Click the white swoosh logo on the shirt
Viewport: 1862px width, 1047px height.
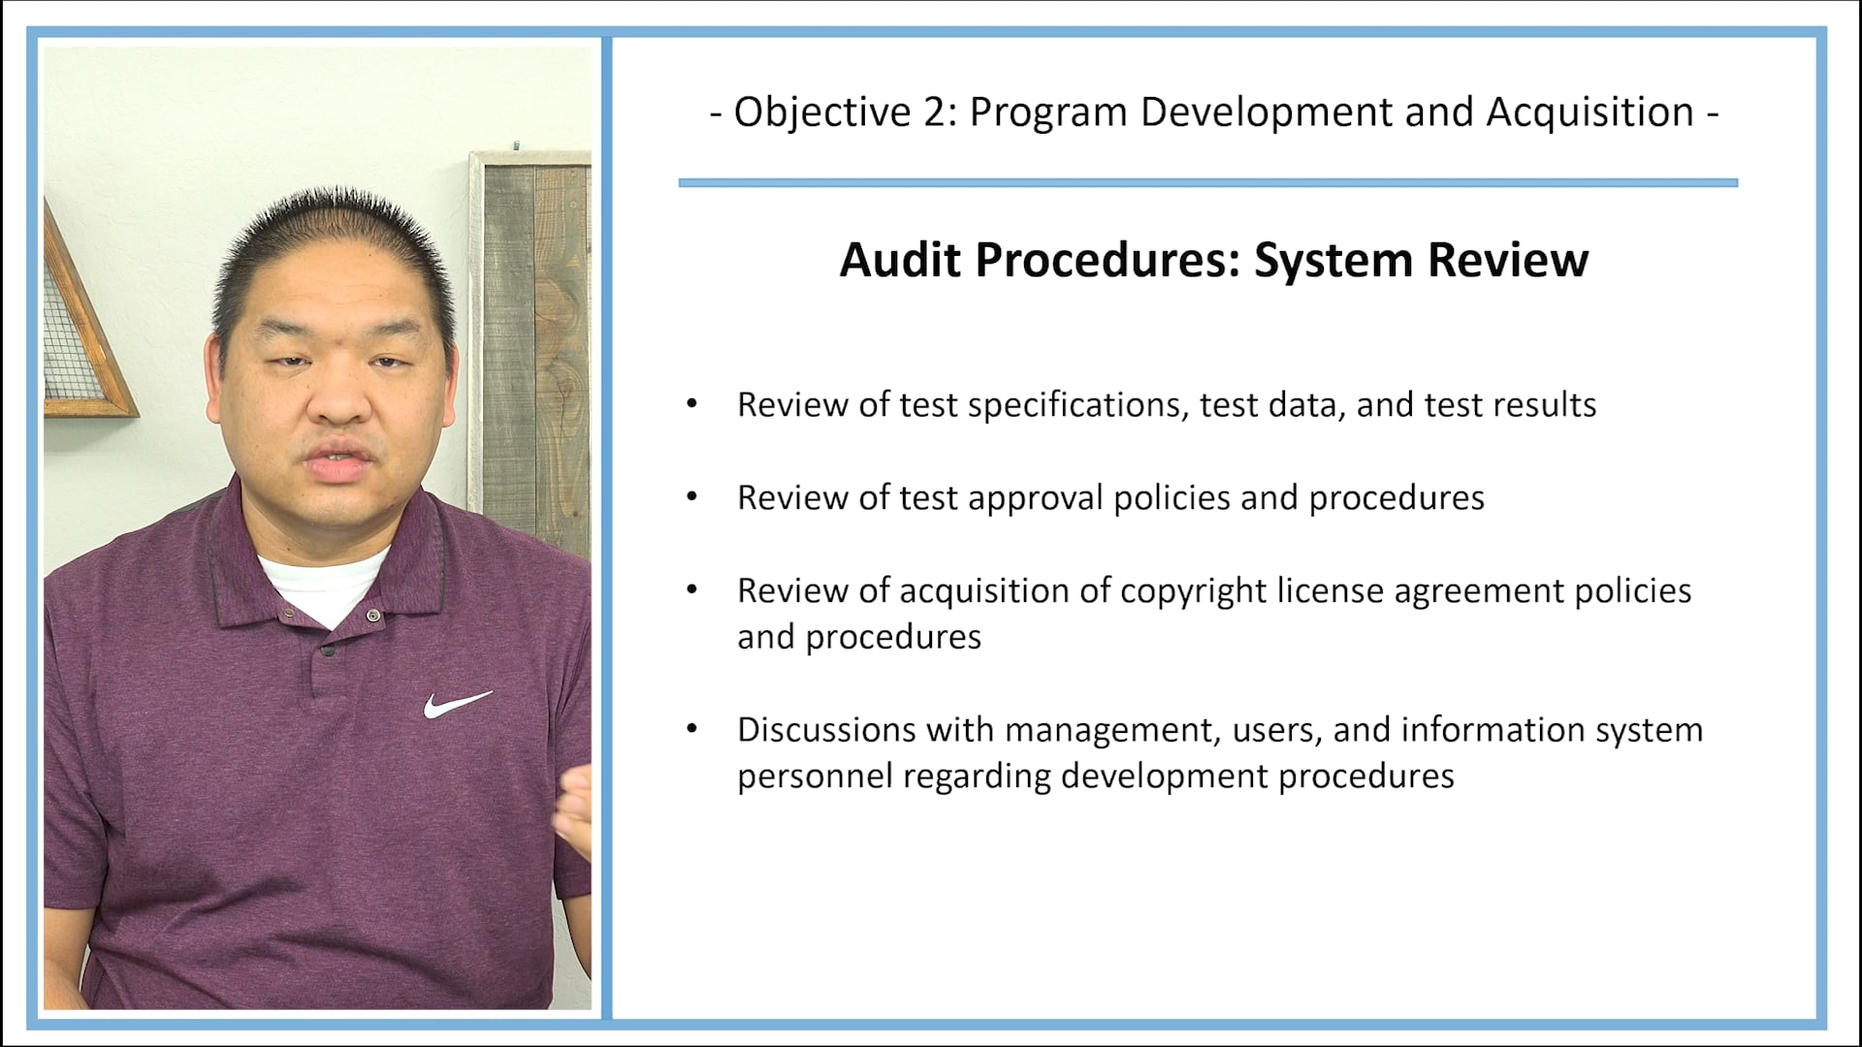457,704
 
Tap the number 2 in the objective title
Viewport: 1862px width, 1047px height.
934,112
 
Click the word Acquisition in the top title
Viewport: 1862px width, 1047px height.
1590,112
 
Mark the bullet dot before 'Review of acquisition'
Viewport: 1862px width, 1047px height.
691,590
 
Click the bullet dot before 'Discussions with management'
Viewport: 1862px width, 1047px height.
691,729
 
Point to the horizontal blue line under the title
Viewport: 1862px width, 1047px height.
1207,182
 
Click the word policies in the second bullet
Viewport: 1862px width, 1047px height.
1172,498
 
